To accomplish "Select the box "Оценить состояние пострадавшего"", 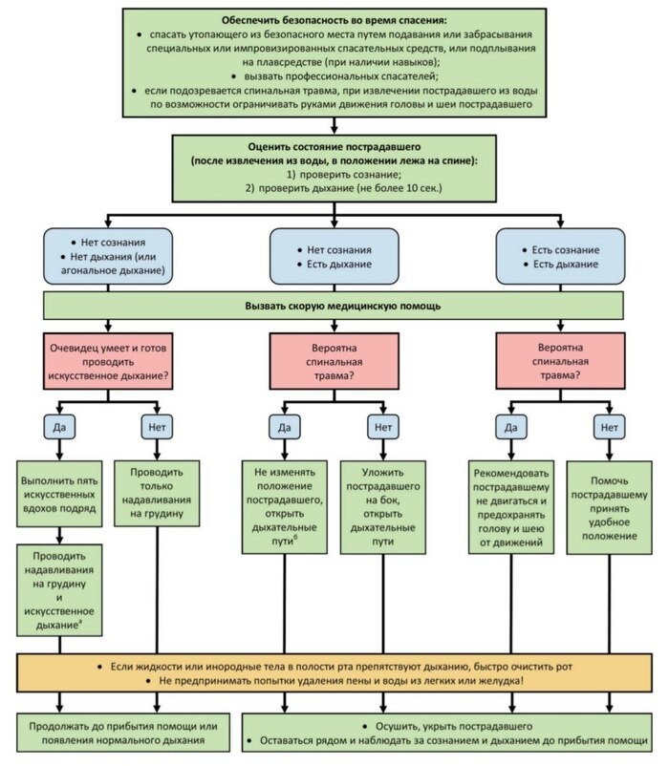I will pyautogui.click(x=334, y=166).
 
